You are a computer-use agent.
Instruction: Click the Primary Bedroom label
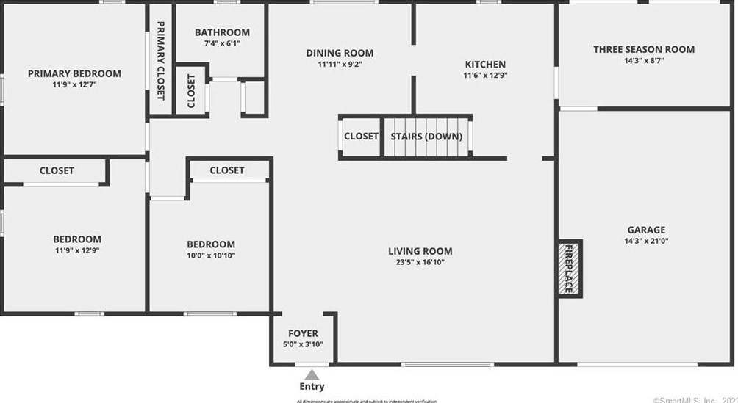[74, 73]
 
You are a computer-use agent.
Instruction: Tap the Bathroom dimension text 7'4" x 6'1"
[222, 43]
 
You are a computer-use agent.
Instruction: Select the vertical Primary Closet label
[161, 60]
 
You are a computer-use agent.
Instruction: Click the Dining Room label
[340, 53]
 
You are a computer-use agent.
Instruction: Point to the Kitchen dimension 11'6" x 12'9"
[484, 76]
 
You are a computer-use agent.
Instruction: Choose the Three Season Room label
[644, 50]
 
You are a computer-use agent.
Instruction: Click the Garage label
[646, 230]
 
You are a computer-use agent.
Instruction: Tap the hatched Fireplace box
[567, 269]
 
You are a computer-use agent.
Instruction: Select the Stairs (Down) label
[426, 137]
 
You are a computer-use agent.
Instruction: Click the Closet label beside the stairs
[361, 137]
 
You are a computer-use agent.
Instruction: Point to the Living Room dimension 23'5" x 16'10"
[420, 262]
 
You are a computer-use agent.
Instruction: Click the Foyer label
[303, 333]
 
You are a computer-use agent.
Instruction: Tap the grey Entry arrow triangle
[312, 374]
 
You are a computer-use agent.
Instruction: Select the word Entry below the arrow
[312, 387]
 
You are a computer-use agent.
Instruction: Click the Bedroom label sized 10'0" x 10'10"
[211, 244]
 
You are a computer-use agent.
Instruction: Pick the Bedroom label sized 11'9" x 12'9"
[77, 239]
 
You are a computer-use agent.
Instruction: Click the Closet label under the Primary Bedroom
[57, 170]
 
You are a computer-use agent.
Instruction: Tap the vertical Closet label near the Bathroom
[191, 91]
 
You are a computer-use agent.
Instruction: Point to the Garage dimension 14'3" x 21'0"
[646, 241]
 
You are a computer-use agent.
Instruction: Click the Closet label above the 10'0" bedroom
[226, 170]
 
